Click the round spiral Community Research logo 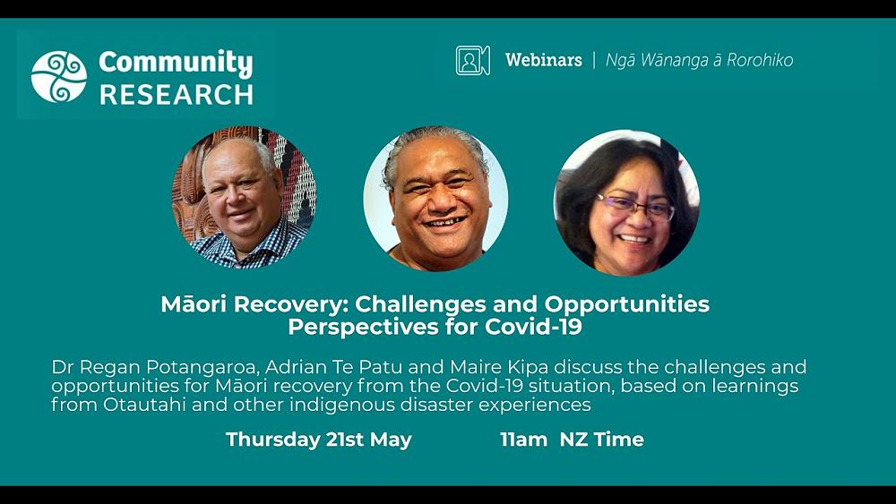tap(59, 77)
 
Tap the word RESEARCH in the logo tap(177, 95)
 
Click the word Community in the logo tap(176, 63)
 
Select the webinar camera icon tap(472, 61)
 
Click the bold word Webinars tap(544, 60)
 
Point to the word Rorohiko tap(760, 60)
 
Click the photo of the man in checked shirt tap(244, 198)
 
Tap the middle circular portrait tap(435, 198)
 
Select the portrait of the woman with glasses tap(627, 202)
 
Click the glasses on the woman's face tap(634, 207)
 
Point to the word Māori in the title tap(194, 304)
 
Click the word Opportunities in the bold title tap(627, 305)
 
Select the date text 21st tap(345, 440)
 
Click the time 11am tap(523, 440)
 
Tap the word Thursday tap(273, 440)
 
